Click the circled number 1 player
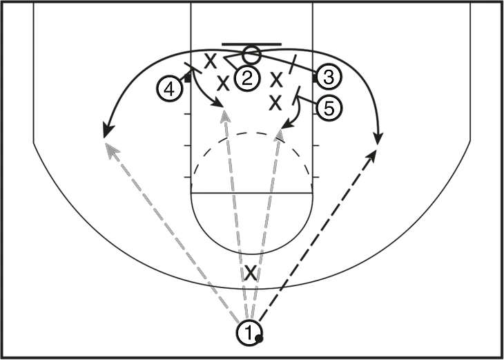[249, 333]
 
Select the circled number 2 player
[246, 79]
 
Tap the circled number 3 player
[329, 77]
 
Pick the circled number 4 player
[170, 89]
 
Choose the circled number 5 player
[329, 108]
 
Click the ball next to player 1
[259, 339]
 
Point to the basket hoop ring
[251, 55]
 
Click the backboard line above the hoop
[252, 44]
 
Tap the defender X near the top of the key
[251, 273]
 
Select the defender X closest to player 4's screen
[211, 61]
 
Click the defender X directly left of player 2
[223, 83]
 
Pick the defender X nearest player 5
[275, 103]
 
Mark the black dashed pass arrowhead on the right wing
[372, 155]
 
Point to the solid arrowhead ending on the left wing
[107, 131]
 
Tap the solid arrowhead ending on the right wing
[378, 139]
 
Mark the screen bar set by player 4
[193, 68]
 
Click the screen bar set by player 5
[296, 95]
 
